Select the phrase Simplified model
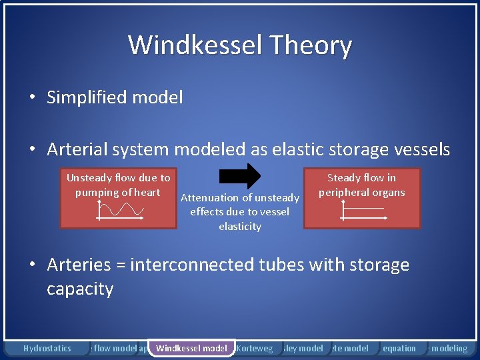pyautogui.click(x=114, y=97)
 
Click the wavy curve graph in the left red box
pyautogui.click(x=120, y=210)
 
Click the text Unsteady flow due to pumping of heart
pyautogui.click(x=118, y=185)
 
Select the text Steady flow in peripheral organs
pyautogui.click(x=361, y=185)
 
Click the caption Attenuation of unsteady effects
pyautogui.click(x=240, y=211)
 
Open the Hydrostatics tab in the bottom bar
pyautogui.click(x=47, y=348)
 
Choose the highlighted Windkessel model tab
pyautogui.click(x=191, y=348)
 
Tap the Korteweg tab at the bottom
pyautogui.click(x=255, y=348)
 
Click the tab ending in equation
pyautogui.click(x=399, y=348)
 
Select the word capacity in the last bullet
pyautogui.click(x=80, y=289)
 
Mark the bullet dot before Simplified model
pyautogui.click(x=32, y=98)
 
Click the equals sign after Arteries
pyautogui.click(x=120, y=265)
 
